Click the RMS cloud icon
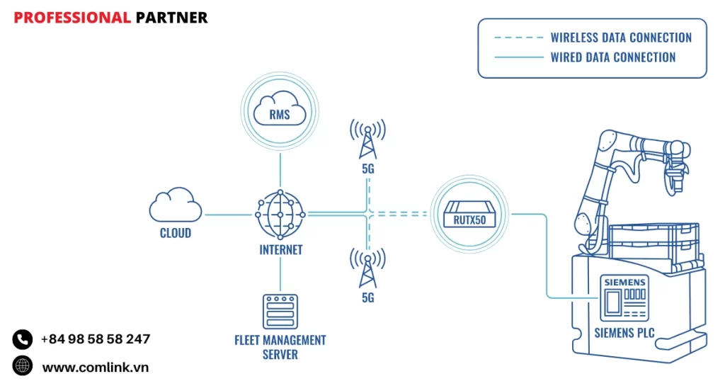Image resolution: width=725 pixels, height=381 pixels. [280, 112]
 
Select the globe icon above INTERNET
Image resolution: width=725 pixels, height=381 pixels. [280, 215]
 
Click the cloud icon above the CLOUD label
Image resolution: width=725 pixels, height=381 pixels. [175, 207]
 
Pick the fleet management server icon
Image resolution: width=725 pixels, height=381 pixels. [280, 312]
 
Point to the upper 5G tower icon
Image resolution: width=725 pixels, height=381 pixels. [367, 140]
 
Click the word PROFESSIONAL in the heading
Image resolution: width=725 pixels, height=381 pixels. [72, 18]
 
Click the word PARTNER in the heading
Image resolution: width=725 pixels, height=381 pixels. [171, 18]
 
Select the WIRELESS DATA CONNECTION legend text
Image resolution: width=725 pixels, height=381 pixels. [621, 38]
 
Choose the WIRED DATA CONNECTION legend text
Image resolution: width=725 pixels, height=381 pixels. [613, 57]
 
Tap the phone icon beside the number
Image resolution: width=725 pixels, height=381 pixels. [23, 339]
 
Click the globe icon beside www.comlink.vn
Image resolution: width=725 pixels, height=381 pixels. [23, 366]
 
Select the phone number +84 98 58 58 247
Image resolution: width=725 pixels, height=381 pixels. [96, 339]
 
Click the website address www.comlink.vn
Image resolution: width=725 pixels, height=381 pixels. [96, 367]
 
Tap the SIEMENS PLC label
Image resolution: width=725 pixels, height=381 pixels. [624, 331]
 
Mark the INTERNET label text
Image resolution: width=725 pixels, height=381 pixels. [281, 249]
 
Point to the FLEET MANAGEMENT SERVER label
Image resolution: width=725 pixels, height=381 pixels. [280, 347]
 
